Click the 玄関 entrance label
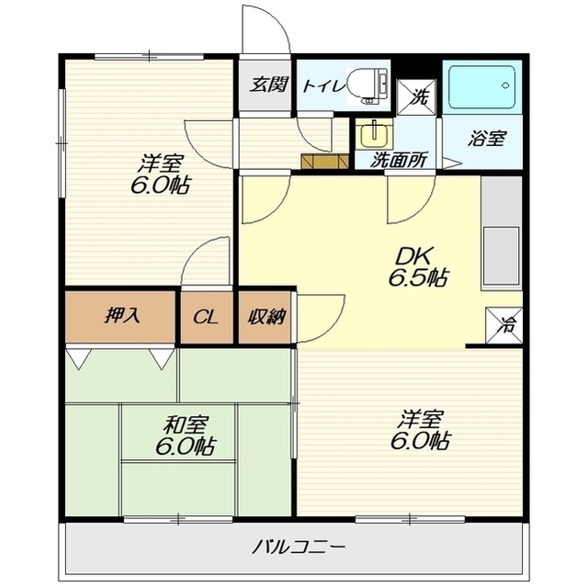(x=269, y=85)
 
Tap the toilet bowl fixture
(x=367, y=85)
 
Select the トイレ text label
(x=323, y=86)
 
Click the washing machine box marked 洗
(x=416, y=96)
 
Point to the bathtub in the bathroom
(x=481, y=87)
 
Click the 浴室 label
(x=487, y=139)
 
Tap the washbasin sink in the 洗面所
(x=374, y=134)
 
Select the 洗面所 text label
(x=399, y=160)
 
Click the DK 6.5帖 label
(x=417, y=266)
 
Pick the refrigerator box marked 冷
(x=503, y=325)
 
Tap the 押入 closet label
(x=122, y=316)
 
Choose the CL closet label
(x=206, y=318)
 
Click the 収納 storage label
(x=266, y=317)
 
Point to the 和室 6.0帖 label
(x=185, y=435)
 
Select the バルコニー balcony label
(x=298, y=548)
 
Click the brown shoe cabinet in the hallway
(x=324, y=161)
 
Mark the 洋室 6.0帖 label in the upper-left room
(x=161, y=175)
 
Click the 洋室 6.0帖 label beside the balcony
(x=421, y=430)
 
